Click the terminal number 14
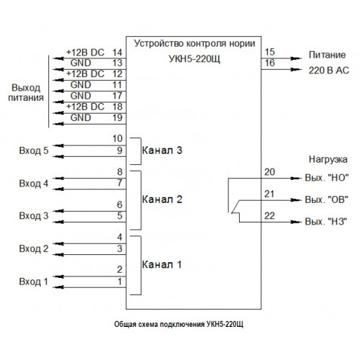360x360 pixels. pyautogui.click(x=117, y=53)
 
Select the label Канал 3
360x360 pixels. pyautogui.click(x=162, y=150)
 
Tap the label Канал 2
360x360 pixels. pyautogui.click(x=162, y=199)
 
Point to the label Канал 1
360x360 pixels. pyautogui.click(x=161, y=264)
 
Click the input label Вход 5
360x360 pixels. pyautogui.click(x=34, y=150)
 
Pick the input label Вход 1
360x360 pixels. pyautogui.click(x=33, y=282)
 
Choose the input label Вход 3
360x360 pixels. pyautogui.click(x=34, y=216)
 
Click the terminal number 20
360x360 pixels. pyautogui.click(x=269, y=172)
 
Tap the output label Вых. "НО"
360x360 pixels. pyautogui.click(x=327, y=178)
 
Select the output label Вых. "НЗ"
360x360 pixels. pyautogui.click(x=326, y=221)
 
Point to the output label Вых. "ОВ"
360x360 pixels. pyautogui.click(x=326, y=199)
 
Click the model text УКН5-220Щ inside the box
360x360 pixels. pyautogui.click(x=194, y=59)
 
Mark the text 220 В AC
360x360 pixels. pyautogui.click(x=328, y=71)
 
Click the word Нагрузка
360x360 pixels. pyautogui.click(x=328, y=159)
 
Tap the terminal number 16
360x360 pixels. pyautogui.click(x=270, y=63)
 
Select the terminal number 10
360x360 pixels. pyautogui.click(x=117, y=138)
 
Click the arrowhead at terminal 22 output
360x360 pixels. pyautogui.click(x=295, y=222)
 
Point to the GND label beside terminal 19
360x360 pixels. pyautogui.click(x=81, y=118)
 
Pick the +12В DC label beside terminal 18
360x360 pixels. pyautogui.click(x=85, y=107)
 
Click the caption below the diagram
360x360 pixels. pyautogui.click(x=179, y=325)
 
